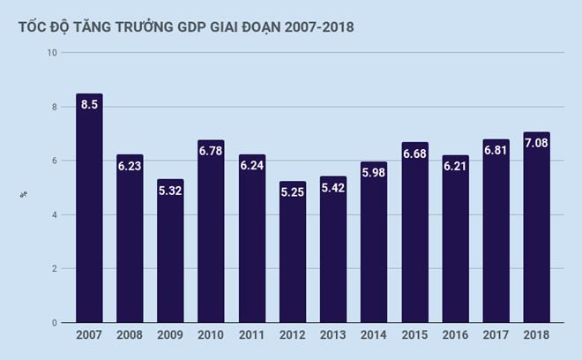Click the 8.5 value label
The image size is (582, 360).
[89, 106]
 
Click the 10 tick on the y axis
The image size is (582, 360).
[52, 53]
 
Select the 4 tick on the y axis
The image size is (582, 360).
[55, 214]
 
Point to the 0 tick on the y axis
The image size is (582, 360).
[55, 323]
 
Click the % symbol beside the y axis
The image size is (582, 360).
[23, 193]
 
